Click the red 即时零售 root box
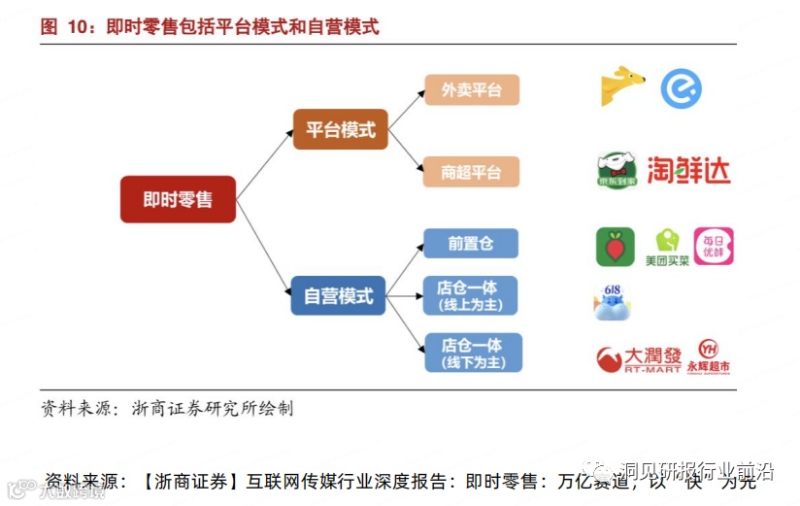178,199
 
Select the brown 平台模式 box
340,128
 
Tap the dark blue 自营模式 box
338,295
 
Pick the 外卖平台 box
472,90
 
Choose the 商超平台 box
472,172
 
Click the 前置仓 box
471,244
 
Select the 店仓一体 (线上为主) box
471,295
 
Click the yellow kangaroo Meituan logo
621,86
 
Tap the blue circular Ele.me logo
680,88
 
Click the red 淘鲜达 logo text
688,170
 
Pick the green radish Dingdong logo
616,247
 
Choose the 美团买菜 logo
666,248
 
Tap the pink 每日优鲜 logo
714,247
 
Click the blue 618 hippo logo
614,302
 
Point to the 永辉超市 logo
708,356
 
